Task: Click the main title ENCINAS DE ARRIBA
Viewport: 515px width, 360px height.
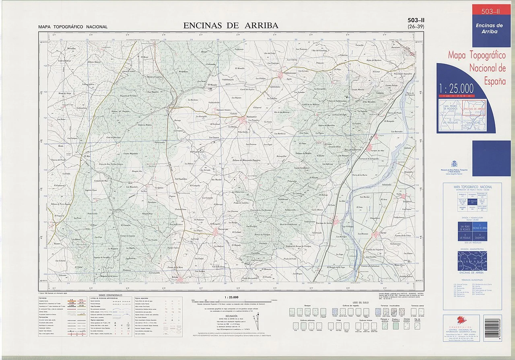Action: point(231,25)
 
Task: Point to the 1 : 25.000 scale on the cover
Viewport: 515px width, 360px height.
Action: point(456,88)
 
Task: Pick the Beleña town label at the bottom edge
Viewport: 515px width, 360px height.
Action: point(175,278)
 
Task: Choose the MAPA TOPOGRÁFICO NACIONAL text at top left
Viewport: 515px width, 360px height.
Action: point(73,27)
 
